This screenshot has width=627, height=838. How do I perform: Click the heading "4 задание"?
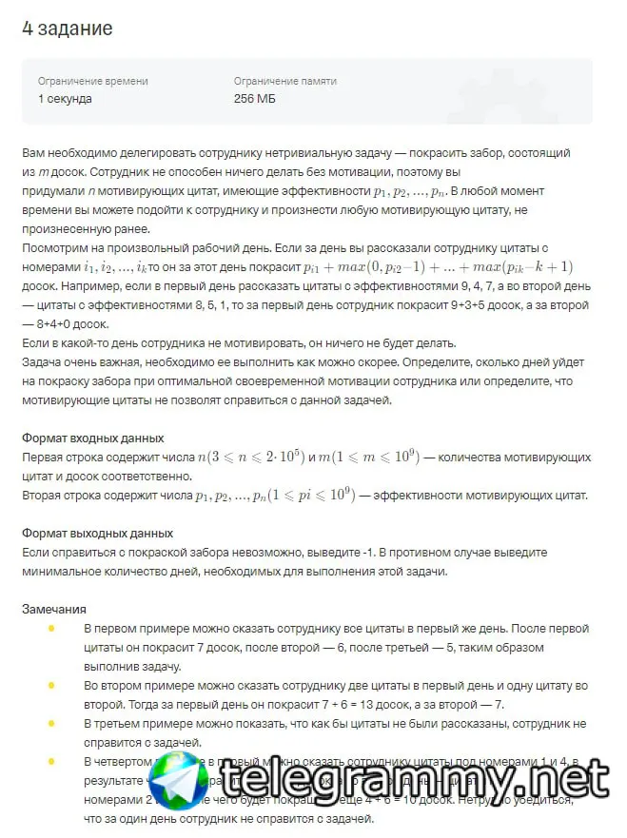(67, 29)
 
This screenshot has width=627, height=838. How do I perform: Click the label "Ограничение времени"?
(92, 81)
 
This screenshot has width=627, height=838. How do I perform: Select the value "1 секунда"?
(65, 99)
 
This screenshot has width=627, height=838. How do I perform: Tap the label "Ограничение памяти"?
(284, 81)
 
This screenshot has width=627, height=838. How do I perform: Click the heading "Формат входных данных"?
(92, 438)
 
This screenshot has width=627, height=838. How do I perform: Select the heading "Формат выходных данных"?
(97, 533)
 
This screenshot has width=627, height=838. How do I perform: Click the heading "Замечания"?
(54, 609)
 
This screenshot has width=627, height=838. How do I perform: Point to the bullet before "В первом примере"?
(50, 629)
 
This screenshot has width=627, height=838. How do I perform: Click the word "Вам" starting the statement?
(33, 152)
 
